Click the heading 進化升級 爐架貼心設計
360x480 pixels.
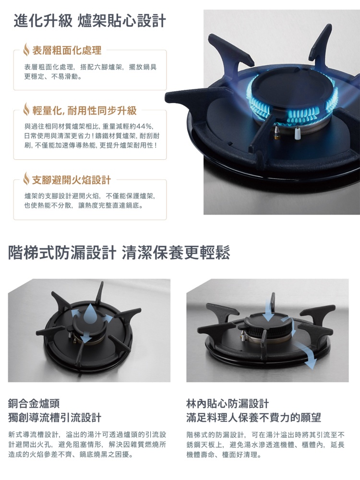click(90, 21)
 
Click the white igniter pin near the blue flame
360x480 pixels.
click(298, 133)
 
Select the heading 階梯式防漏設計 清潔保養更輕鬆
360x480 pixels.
click(119, 252)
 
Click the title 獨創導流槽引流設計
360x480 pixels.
click(55, 417)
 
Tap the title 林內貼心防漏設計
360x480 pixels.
click(228, 404)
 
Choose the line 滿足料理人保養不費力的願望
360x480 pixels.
click(253, 417)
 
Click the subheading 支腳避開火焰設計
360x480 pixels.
click(71, 180)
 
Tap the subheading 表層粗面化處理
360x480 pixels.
click(66, 50)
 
